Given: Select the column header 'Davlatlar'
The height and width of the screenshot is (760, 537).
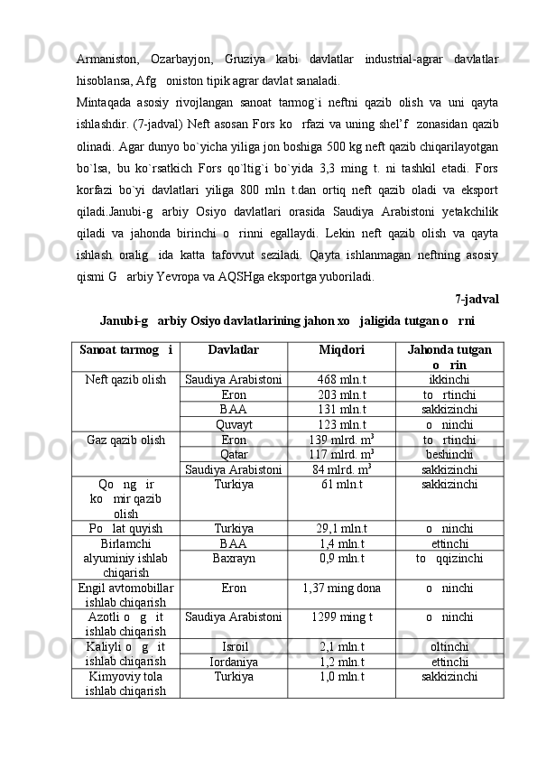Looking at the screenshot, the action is tap(233, 349).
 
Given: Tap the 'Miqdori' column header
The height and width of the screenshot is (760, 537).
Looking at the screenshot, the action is tap(341, 349).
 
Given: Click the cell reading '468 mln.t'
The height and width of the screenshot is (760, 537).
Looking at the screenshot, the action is tap(341, 380).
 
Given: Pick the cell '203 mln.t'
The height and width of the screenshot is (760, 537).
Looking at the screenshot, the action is tap(341, 394).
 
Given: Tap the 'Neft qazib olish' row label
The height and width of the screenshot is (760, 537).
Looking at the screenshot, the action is tap(125, 380).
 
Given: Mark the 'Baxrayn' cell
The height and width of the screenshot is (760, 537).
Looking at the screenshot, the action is tap(234, 558).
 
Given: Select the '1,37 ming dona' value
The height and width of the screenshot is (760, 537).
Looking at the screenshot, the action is tap(341, 588).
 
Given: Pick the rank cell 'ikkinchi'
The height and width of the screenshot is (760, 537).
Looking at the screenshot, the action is tap(449, 380).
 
